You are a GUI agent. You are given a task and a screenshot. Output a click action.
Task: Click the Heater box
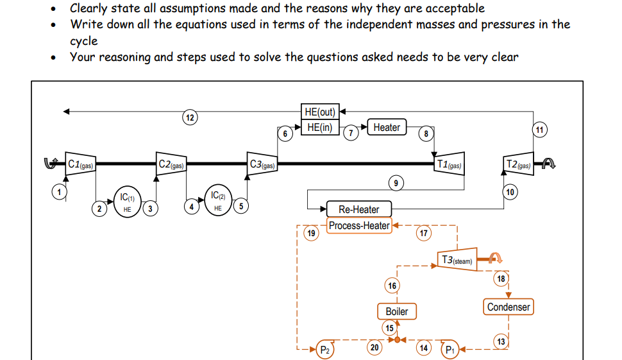[387, 128]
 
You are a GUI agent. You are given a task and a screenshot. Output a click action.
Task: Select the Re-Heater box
[358, 209]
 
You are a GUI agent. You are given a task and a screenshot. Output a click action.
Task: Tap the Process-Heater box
[359, 225]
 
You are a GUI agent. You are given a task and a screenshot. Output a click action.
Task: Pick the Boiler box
[396, 311]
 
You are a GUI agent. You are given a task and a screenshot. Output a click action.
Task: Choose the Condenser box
[509, 307]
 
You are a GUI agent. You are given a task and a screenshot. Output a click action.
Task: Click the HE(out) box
[319, 112]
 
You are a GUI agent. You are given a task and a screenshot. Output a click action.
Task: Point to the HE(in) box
[319, 127]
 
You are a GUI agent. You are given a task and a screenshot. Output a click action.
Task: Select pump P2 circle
[325, 350]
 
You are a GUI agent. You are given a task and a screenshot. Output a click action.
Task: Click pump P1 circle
[450, 350]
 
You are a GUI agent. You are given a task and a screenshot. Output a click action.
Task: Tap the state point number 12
[189, 117]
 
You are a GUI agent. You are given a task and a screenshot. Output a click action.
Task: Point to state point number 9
[396, 183]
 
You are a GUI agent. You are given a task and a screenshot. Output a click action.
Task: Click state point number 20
[375, 347]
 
